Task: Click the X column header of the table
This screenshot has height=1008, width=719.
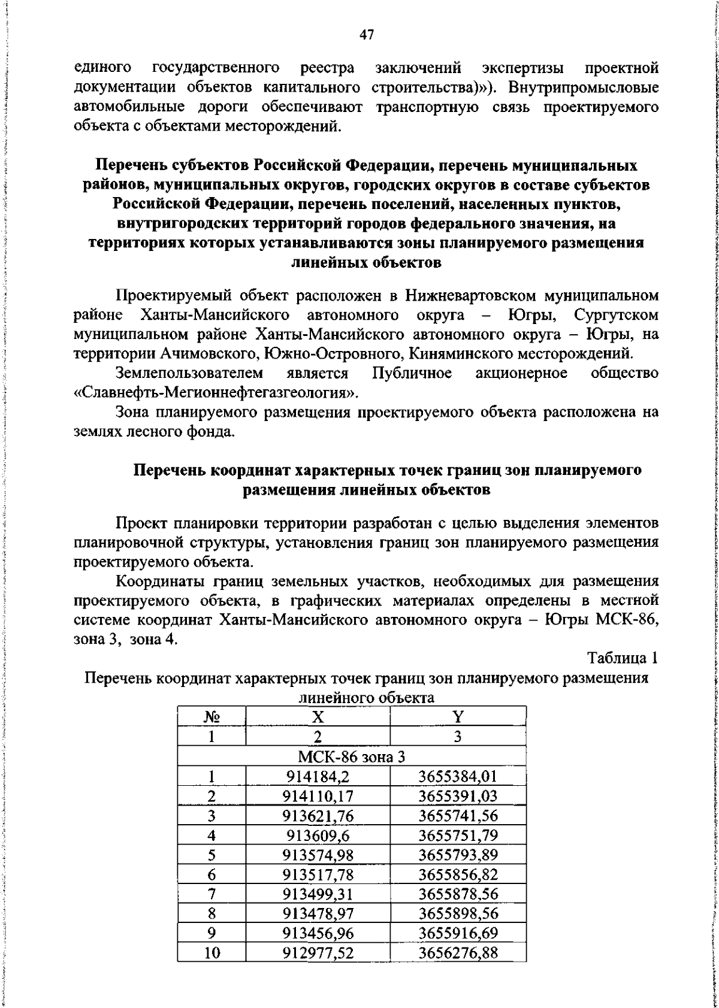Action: [318, 717]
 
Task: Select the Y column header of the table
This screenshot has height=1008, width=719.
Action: [458, 717]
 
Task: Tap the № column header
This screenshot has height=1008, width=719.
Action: [212, 717]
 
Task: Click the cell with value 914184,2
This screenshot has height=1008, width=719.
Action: [318, 777]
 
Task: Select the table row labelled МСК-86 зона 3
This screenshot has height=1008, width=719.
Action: [352, 757]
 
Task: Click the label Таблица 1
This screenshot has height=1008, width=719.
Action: [623, 658]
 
